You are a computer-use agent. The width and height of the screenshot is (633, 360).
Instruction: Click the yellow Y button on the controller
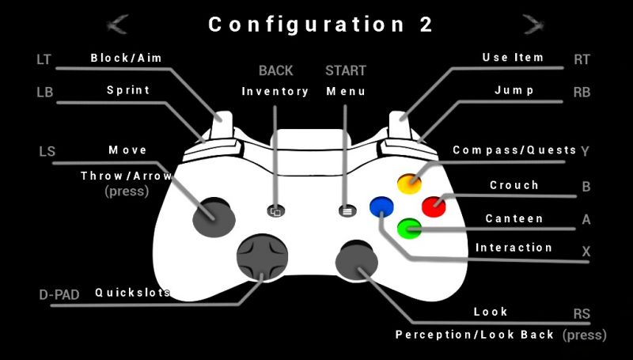click(x=409, y=184)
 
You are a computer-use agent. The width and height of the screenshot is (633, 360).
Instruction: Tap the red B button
click(x=433, y=206)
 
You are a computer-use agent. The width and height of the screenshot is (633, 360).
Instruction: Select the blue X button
click(x=381, y=207)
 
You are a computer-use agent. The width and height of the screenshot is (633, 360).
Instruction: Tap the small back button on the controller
click(x=275, y=211)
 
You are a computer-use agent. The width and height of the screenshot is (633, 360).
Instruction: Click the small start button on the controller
click(x=346, y=211)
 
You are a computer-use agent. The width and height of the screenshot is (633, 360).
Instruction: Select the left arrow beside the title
click(x=119, y=24)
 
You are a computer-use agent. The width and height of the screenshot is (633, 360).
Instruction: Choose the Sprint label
click(x=128, y=90)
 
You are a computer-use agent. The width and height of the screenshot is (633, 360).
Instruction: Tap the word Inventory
click(x=275, y=92)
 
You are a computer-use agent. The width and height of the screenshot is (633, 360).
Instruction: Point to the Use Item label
click(x=513, y=58)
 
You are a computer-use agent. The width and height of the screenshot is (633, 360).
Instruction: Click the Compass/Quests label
click(x=514, y=150)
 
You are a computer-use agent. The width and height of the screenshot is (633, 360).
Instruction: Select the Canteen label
click(x=514, y=218)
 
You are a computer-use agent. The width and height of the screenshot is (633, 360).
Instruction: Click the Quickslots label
click(x=132, y=292)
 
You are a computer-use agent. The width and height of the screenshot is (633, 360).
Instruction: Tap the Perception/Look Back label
click(x=475, y=335)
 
